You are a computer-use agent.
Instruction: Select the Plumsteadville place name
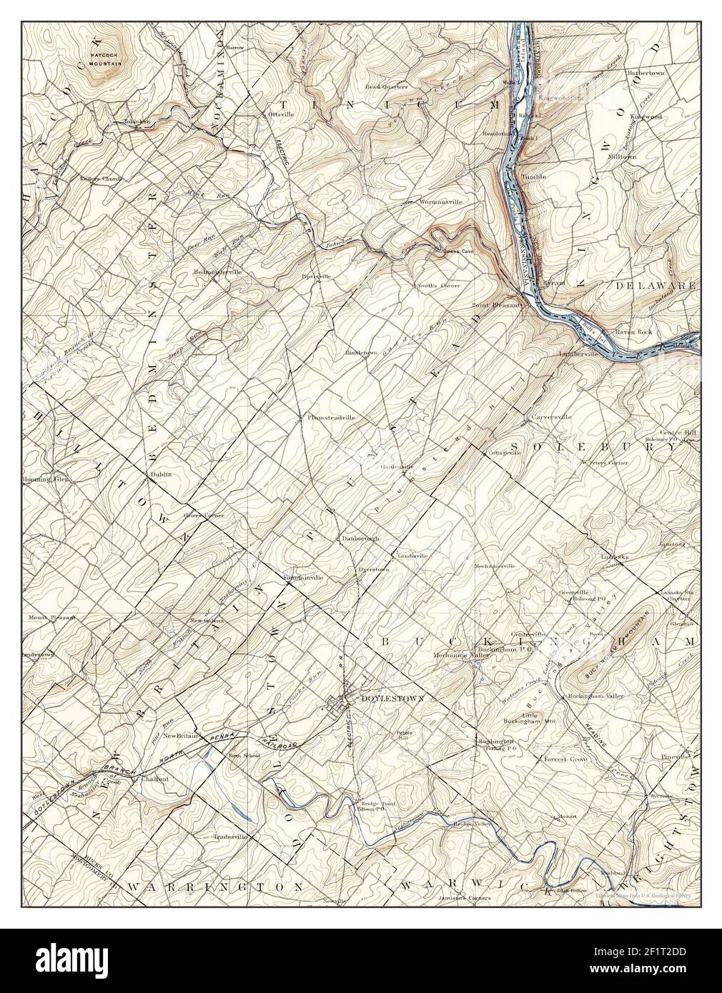331,416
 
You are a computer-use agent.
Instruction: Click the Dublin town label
158,473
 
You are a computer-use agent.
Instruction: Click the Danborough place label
360,538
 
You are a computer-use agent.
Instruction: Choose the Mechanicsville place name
495,567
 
